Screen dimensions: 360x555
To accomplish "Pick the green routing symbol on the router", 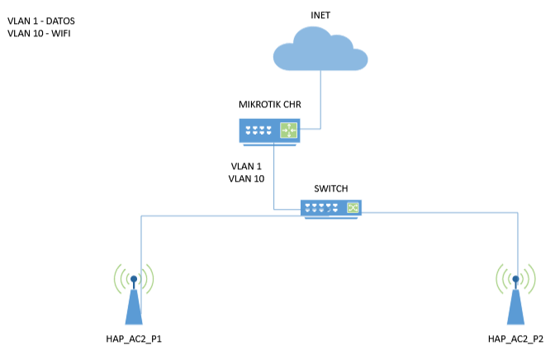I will [289, 130].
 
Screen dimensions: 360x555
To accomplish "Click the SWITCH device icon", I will [330, 208].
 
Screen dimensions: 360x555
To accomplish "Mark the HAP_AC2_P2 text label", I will [515, 339].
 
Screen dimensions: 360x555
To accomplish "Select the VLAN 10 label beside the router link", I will [246, 178].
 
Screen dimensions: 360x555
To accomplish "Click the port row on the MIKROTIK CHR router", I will [260, 130].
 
